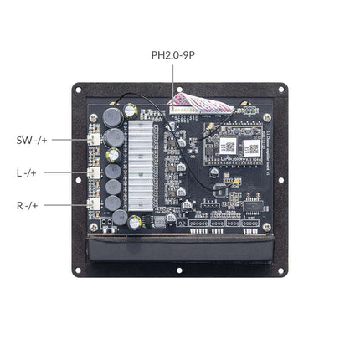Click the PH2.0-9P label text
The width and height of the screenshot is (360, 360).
[174, 55]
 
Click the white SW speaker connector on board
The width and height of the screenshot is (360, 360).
[94, 139]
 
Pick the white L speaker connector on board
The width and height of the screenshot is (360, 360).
[94, 172]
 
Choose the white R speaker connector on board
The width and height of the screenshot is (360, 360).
[94, 205]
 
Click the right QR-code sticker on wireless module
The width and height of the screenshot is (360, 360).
[249, 147]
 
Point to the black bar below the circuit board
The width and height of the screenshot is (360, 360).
[179, 249]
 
